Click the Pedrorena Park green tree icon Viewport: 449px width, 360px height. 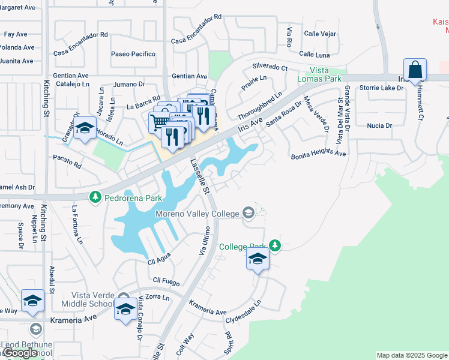(94, 197)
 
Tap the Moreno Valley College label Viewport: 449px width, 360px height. (197, 213)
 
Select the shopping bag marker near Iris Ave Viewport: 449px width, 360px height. (415, 71)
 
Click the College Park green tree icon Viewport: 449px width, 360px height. (274, 245)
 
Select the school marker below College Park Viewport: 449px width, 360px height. (258, 260)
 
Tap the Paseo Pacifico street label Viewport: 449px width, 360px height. (133, 54)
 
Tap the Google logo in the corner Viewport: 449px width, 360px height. (20, 353)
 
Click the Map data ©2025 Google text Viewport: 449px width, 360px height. (412, 355)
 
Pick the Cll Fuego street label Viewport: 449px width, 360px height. (166, 280)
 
